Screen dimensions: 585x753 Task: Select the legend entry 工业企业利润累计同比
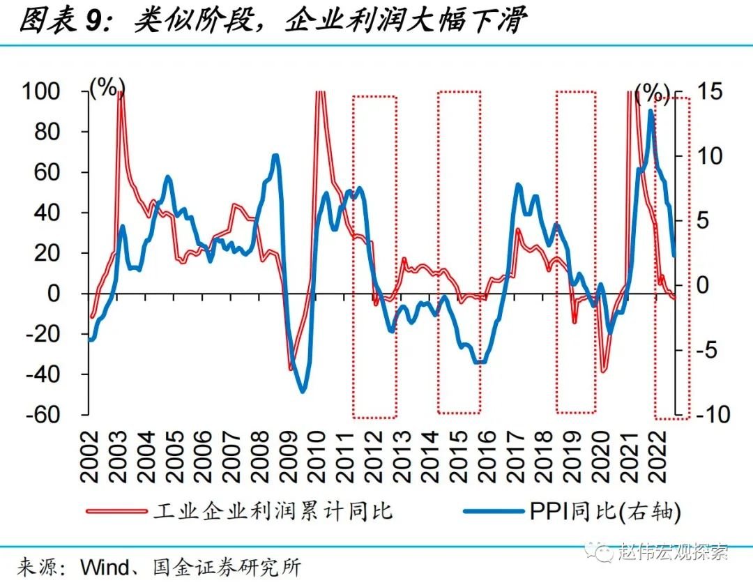tap(273, 511)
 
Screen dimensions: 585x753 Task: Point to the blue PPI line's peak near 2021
tap(651, 111)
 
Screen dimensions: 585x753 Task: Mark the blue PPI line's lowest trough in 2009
tap(303, 391)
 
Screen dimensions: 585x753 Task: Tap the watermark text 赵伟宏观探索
tap(673, 552)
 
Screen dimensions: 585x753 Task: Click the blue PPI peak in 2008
tap(275, 155)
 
